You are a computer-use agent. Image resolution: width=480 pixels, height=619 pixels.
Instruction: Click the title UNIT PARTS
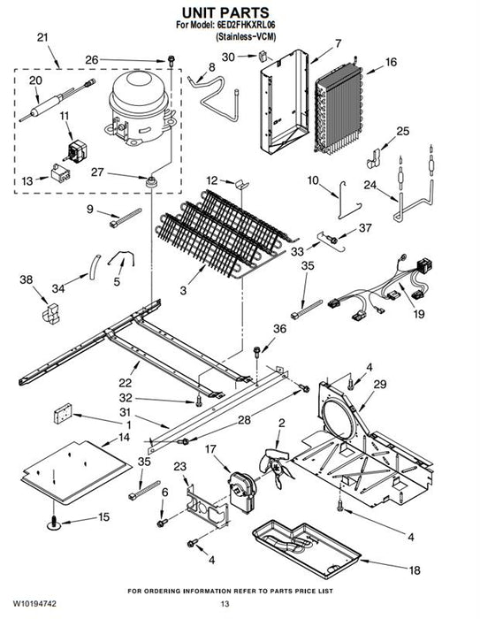click(225, 12)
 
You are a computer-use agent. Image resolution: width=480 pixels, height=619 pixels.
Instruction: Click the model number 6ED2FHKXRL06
click(246, 25)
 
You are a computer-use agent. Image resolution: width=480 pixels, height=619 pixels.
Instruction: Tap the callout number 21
click(42, 37)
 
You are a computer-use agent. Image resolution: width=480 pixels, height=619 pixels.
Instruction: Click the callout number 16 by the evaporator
click(391, 62)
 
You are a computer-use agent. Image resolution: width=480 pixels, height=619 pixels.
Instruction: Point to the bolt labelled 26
click(171, 61)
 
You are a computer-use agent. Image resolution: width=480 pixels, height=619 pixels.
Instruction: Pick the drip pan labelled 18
click(307, 549)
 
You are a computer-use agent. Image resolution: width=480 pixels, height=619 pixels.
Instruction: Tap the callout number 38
click(26, 279)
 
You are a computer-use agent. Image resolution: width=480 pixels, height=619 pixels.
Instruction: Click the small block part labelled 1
click(63, 413)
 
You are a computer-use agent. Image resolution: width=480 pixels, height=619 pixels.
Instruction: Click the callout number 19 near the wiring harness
click(419, 314)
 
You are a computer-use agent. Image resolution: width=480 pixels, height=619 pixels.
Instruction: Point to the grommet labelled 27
click(150, 181)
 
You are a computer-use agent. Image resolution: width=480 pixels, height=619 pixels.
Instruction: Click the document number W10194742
click(34, 604)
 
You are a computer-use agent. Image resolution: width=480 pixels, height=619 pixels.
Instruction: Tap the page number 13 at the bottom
click(225, 604)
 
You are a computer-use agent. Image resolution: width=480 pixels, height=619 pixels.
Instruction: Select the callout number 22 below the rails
click(126, 383)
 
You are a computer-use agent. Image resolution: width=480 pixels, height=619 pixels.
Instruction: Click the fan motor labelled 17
click(241, 492)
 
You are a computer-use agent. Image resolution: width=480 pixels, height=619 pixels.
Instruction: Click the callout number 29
click(379, 384)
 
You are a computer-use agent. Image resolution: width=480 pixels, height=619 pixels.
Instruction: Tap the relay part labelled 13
click(61, 173)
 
